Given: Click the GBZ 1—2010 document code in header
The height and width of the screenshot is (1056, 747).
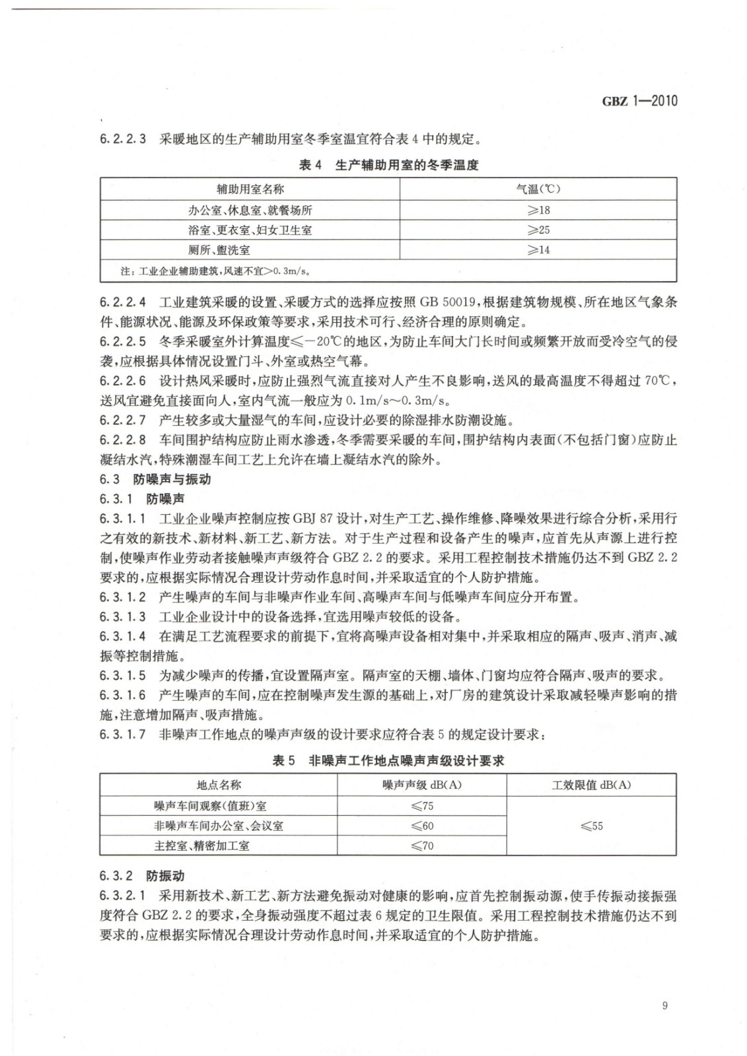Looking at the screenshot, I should (639, 101).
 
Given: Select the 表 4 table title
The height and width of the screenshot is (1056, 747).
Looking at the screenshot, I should (388, 166).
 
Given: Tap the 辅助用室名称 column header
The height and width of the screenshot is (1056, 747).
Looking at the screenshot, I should (250, 189).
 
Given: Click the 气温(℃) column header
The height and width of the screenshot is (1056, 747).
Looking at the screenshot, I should (538, 189).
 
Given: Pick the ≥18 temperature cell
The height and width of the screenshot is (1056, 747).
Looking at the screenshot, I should (538, 210).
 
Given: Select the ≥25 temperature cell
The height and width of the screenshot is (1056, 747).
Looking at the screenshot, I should (538, 230).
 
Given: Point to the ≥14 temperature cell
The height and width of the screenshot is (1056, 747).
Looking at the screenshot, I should (538, 249).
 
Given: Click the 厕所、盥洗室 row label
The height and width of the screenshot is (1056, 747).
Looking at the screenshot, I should (219, 249).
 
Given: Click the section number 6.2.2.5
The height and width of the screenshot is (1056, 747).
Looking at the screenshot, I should (123, 342).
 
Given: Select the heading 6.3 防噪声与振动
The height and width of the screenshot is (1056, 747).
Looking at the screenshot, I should (155, 479).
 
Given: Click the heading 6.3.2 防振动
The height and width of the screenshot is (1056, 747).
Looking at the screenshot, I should (142, 876).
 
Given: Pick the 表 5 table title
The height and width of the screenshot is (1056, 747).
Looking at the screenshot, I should (388, 761).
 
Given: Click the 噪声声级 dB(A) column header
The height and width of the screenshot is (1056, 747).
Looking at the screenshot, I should (422, 785).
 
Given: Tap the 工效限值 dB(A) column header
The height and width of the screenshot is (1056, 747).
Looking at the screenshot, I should (591, 785).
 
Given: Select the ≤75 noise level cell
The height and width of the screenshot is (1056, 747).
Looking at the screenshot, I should (422, 806).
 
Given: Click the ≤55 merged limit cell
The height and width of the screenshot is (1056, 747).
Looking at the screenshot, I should (591, 826).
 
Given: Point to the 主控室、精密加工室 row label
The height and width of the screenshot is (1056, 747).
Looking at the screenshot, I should (201, 845).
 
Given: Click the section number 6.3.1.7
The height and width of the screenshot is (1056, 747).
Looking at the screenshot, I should (123, 734).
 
